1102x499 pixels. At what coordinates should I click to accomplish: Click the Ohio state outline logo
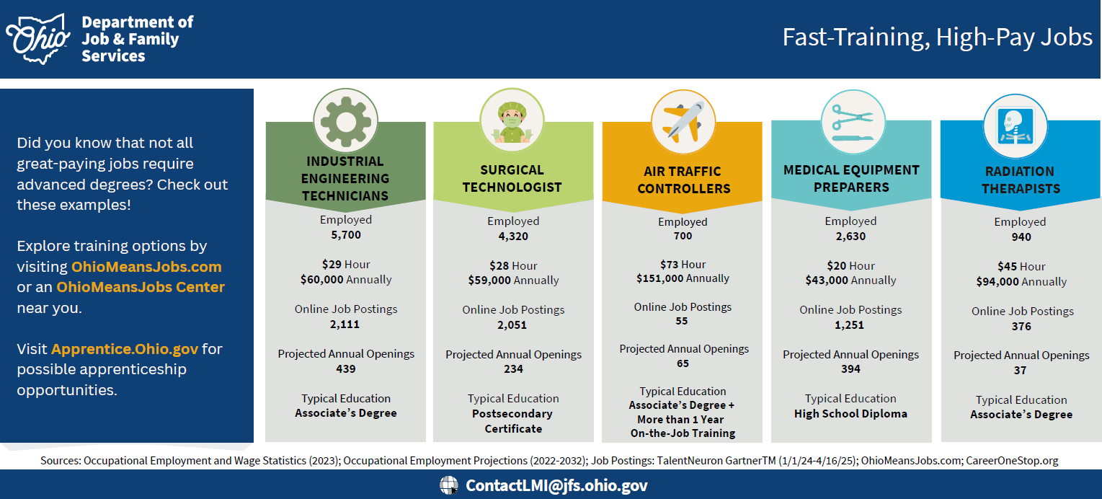(38, 39)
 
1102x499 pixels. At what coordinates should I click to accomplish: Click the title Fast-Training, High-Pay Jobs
(937, 37)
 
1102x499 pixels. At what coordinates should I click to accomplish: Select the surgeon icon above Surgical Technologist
(512, 122)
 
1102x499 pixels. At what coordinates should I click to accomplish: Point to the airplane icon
(683, 123)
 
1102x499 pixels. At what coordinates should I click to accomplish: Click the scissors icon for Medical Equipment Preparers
(853, 123)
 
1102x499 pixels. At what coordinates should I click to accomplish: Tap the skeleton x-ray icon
(1016, 126)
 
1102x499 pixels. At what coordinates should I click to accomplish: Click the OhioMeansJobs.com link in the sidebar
(146, 267)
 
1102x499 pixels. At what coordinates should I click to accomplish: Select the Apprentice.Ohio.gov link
(125, 349)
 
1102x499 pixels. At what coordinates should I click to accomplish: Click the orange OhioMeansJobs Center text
(141, 287)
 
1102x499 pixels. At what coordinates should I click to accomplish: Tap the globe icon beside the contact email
(449, 485)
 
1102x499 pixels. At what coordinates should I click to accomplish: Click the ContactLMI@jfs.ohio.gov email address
(556, 486)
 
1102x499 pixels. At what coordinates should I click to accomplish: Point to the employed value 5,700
(346, 235)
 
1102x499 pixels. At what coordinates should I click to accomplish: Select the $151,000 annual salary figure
(659, 278)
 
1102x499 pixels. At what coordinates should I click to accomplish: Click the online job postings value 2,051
(512, 325)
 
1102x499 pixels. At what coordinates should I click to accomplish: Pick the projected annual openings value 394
(850, 369)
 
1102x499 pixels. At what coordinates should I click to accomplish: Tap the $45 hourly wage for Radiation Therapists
(1007, 267)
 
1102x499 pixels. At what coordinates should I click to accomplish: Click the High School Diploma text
(850, 414)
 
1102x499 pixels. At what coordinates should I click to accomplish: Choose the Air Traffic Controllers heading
(683, 180)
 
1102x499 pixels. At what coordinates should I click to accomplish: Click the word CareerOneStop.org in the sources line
(1012, 461)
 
